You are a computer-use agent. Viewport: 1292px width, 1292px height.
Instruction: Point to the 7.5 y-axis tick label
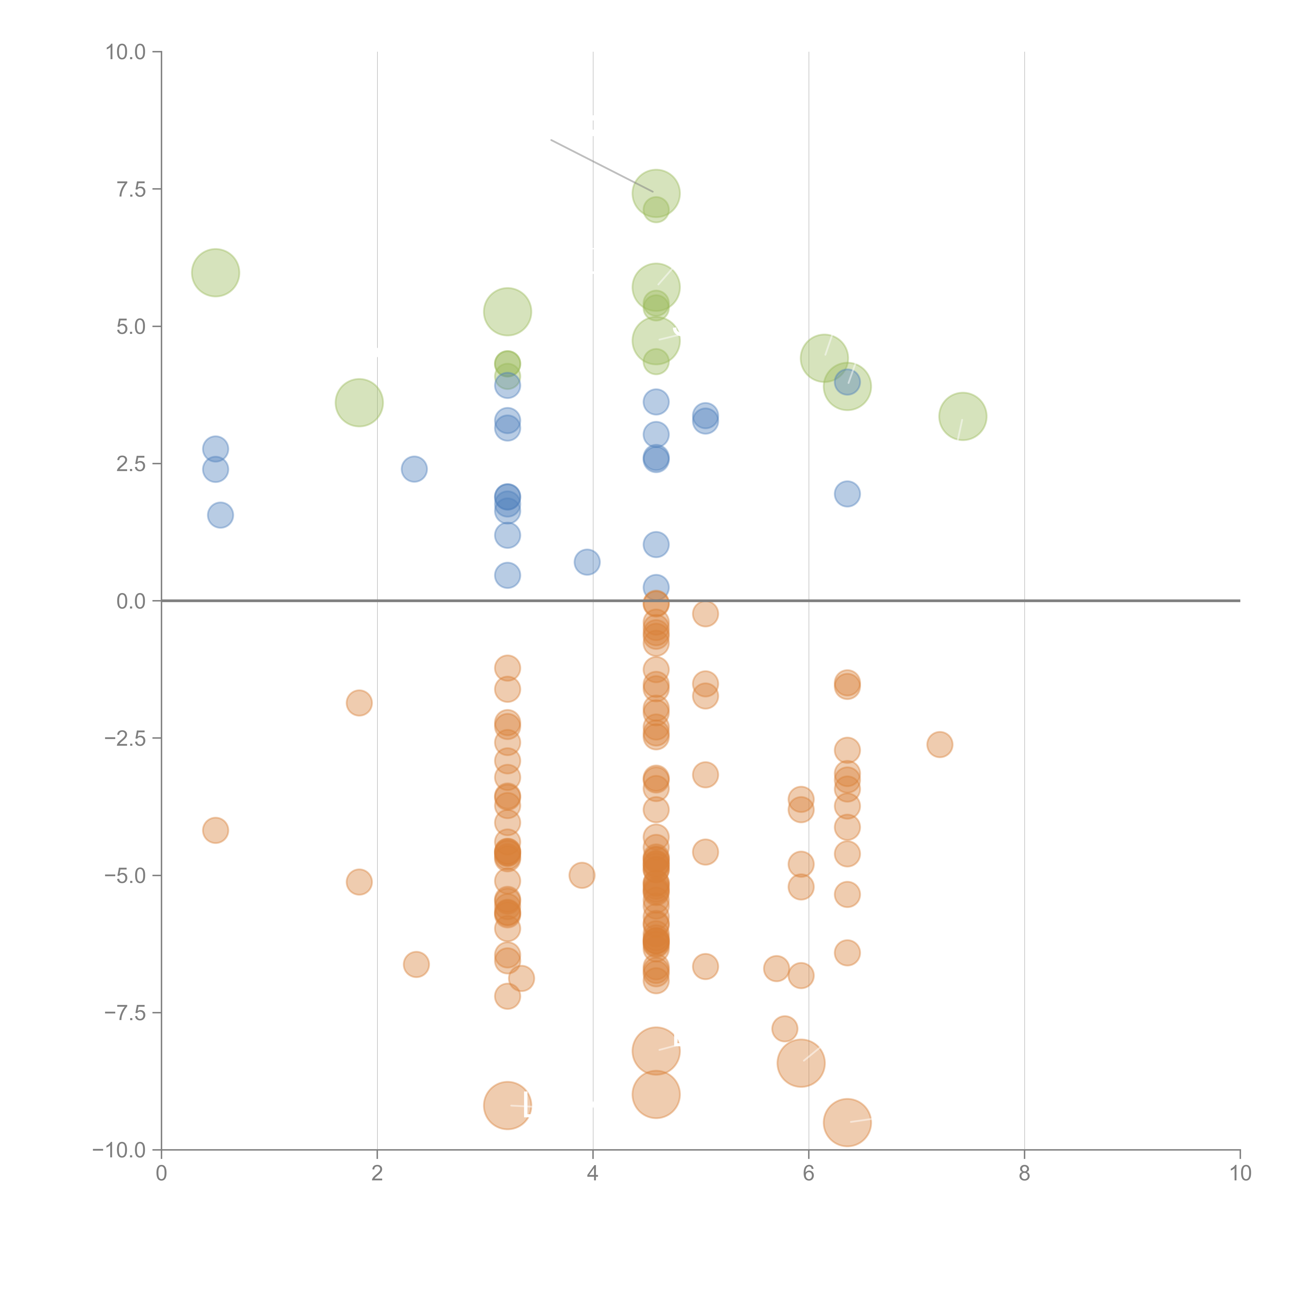click(131, 189)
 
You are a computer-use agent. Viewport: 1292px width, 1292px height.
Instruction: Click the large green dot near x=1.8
click(359, 403)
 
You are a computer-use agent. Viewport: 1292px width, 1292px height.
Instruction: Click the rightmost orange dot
click(940, 744)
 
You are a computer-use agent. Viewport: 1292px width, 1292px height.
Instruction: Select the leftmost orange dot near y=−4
click(215, 830)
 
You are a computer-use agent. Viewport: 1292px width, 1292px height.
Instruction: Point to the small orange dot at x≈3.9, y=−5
click(582, 875)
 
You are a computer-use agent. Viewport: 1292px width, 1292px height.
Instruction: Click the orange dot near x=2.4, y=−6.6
click(416, 964)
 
